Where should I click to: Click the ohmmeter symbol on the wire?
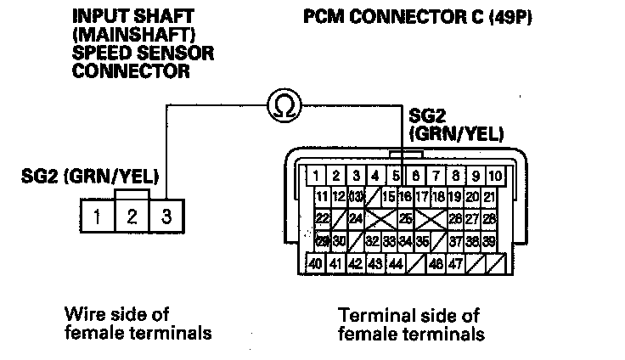(x=283, y=104)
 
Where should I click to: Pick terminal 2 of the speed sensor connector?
(x=132, y=216)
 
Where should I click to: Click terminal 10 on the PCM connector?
(x=496, y=177)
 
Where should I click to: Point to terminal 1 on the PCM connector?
(x=316, y=177)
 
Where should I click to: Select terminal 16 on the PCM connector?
(x=404, y=198)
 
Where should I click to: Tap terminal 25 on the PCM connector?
(x=406, y=219)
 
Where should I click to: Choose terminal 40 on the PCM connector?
(x=316, y=263)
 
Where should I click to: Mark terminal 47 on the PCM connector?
(x=456, y=263)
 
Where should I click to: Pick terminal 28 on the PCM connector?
(x=489, y=219)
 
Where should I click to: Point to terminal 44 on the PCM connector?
(x=395, y=263)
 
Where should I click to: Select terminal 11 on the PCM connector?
(x=322, y=198)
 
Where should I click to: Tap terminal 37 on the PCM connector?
(x=456, y=241)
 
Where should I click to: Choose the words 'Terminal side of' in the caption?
(x=408, y=313)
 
